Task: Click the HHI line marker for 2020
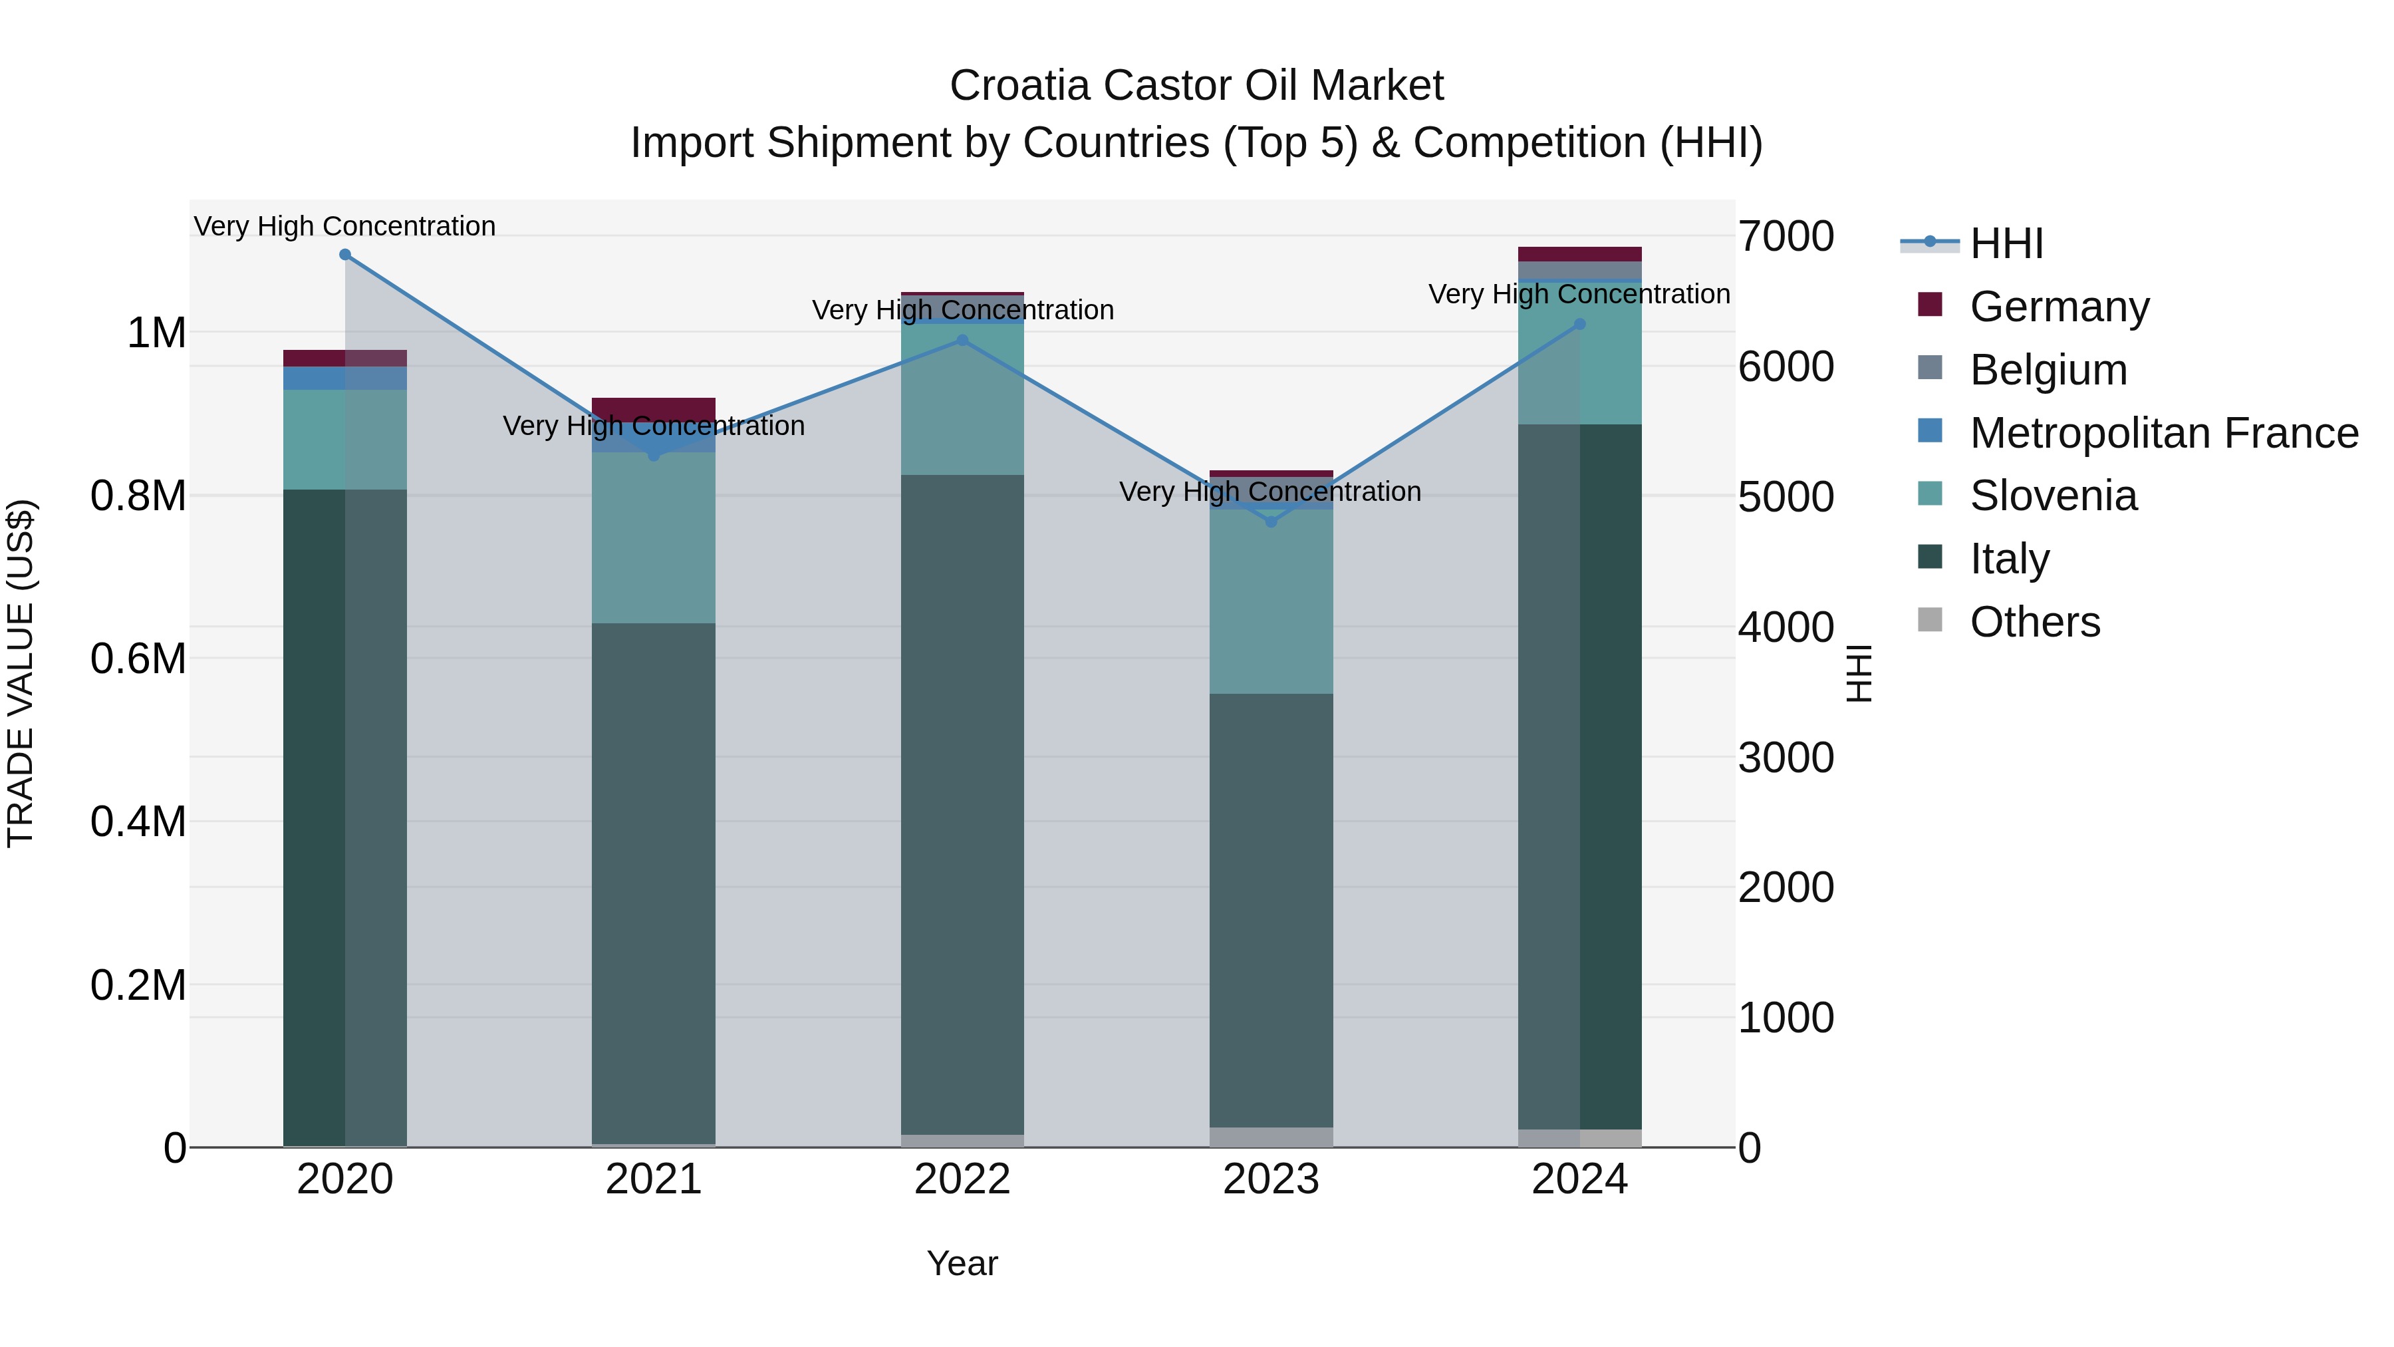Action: (344, 255)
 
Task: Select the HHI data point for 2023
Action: (1271, 522)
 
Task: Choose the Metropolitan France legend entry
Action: (2163, 432)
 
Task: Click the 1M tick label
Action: (156, 333)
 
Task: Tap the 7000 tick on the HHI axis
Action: (1786, 236)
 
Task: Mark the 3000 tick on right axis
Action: (1786, 758)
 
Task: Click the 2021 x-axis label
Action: (653, 1179)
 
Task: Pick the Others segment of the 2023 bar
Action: (1271, 1136)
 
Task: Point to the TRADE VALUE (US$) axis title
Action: (21, 673)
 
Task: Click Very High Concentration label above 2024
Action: (1578, 294)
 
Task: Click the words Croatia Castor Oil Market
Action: (1196, 86)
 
